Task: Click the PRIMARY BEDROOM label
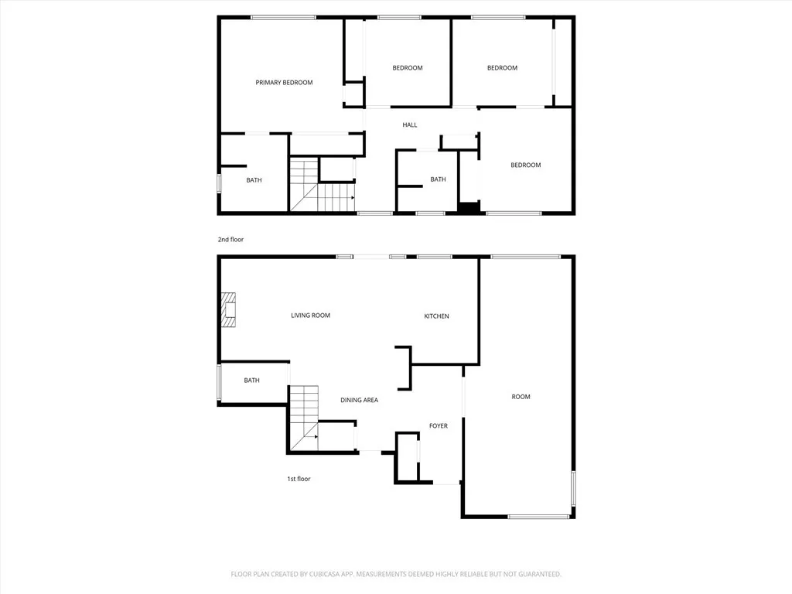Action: click(284, 83)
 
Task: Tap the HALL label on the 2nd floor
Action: click(409, 125)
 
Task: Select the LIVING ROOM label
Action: click(310, 316)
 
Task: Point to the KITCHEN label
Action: click(436, 316)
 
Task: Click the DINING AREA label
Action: click(360, 400)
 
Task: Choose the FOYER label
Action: click(439, 426)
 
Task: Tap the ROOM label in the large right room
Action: click(521, 397)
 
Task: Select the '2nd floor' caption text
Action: click(230, 240)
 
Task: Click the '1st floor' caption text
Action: click(299, 480)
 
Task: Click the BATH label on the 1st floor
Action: click(251, 381)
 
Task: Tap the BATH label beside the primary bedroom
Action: click(254, 180)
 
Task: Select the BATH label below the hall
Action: click(438, 179)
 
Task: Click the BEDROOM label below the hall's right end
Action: click(525, 165)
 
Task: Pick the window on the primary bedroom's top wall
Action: click(283, 17)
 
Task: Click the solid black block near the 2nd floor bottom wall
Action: click(468, 207)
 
